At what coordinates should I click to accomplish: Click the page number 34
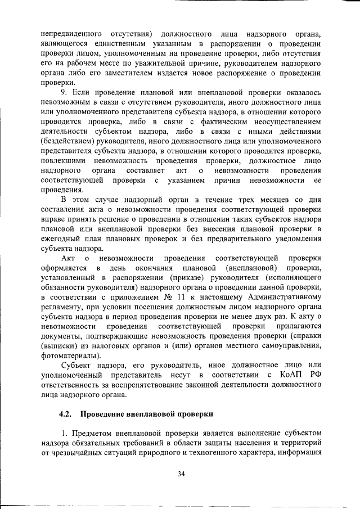tap(181, 474)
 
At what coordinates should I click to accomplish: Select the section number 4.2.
tap(67, 414)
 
